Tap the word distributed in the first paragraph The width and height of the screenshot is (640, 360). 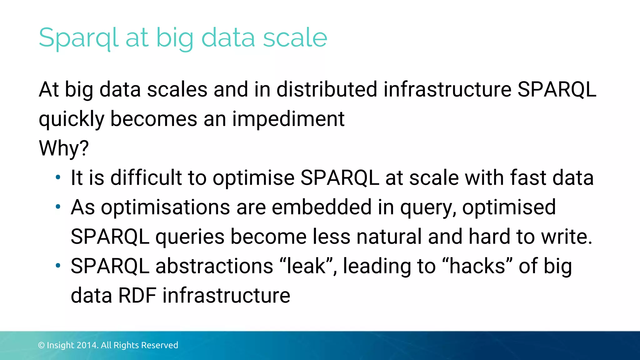[x=327, y=90]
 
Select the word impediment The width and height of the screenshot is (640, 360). [x=288, y=119]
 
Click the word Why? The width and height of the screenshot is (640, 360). [x=64, y=148]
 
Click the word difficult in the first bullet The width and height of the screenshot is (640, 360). [x=146, y=178]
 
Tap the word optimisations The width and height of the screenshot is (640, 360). [x=165, y=207]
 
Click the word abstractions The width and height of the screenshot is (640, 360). [x=214, y=266]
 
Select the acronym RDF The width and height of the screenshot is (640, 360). [x=137, y=296]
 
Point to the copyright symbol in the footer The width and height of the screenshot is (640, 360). [x=41, y=345]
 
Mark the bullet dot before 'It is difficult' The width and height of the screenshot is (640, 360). [x=58, y=178]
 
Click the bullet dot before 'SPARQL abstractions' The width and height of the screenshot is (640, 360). [x=58, y=266]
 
